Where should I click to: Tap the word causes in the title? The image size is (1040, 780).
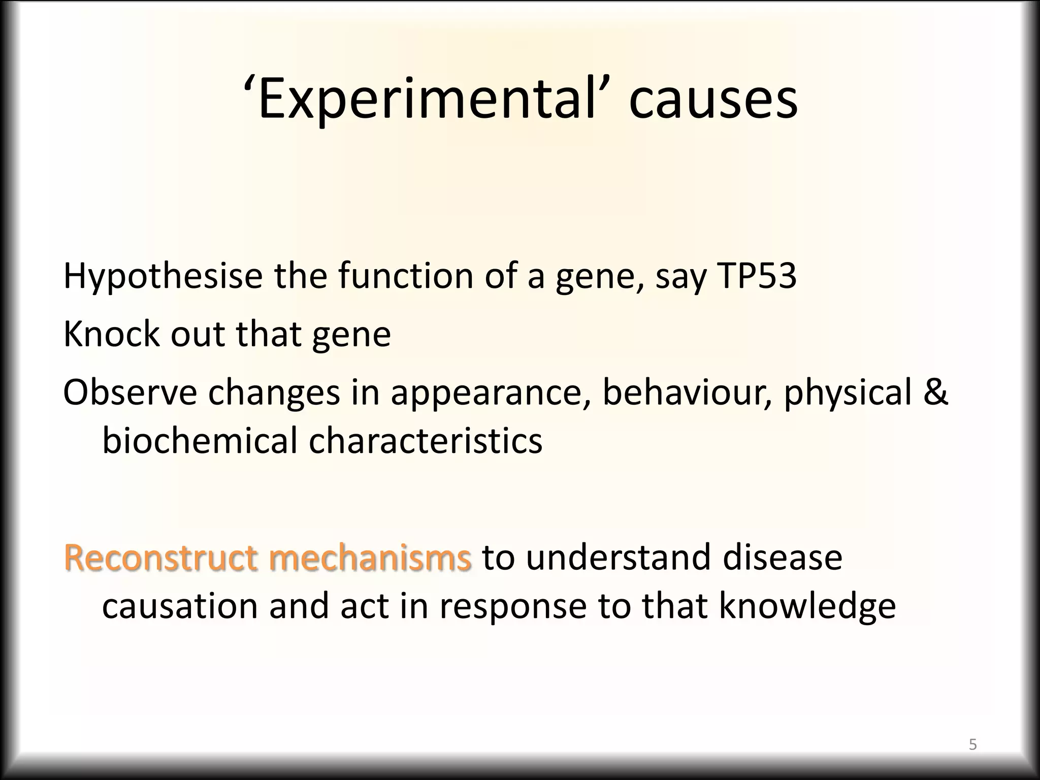(713, 100)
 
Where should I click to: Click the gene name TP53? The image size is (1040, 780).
(756, 276)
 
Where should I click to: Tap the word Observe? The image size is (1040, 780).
(129, 392)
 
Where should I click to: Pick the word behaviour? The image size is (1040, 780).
(688, 392)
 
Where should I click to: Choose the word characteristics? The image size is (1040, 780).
(426, 440)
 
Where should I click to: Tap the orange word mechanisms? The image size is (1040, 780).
(370, 557)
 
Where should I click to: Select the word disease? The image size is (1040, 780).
(782, 557)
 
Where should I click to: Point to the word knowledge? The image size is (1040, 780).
(807, 606)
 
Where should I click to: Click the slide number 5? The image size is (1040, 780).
(972, 744)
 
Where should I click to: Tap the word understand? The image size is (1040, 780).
(619, 557)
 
